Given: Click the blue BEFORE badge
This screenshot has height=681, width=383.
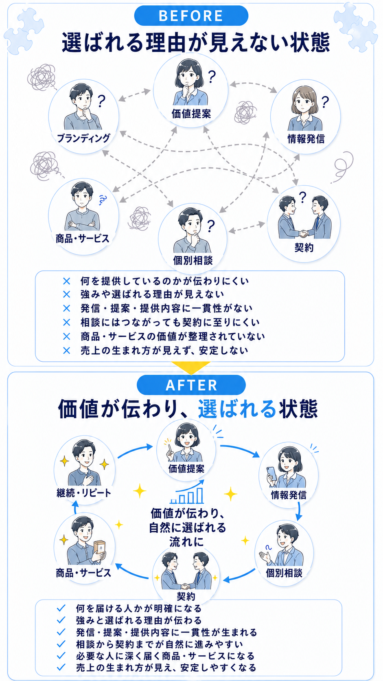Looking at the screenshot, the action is (x=191, y=15).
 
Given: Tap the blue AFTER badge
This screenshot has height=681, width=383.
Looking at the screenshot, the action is (x=191, y=385).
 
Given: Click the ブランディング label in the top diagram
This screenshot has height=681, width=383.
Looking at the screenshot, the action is (x=83, y=138).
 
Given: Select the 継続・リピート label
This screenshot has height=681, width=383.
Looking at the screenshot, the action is (x=84, y=493).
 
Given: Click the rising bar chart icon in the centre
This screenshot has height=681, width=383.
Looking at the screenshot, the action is (x=187, y=492).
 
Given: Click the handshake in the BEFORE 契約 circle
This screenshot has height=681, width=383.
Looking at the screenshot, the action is (x=304, y=233).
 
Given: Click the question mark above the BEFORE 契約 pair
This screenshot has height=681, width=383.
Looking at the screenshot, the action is (x=302, y=197).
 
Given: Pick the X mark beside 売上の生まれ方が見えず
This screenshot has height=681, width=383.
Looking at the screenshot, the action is (x=66, y=351).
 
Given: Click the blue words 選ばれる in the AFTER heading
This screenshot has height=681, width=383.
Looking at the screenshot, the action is (x=237, y=409).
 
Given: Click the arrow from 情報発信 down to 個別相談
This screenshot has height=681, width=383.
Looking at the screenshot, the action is (x=299, y=511).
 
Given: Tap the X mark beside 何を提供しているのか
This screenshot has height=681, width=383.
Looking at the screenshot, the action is (x=66, y=281).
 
